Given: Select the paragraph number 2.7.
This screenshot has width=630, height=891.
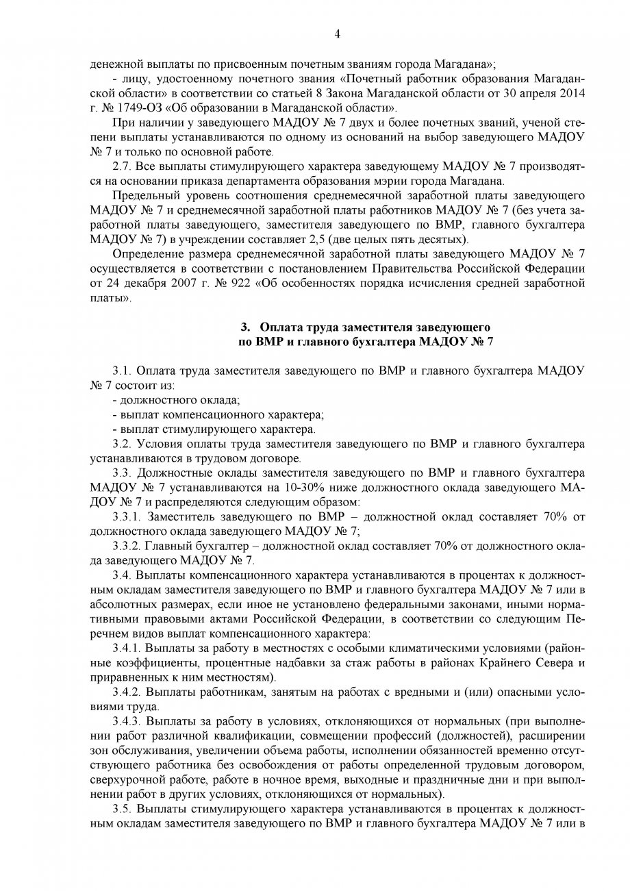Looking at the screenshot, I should click(121, 166).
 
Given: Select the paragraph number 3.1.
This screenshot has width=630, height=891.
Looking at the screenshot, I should click(121, 371).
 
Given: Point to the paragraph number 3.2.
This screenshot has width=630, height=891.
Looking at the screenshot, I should click(121, 444).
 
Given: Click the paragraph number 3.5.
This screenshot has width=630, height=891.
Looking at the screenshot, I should click(121, 809).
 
